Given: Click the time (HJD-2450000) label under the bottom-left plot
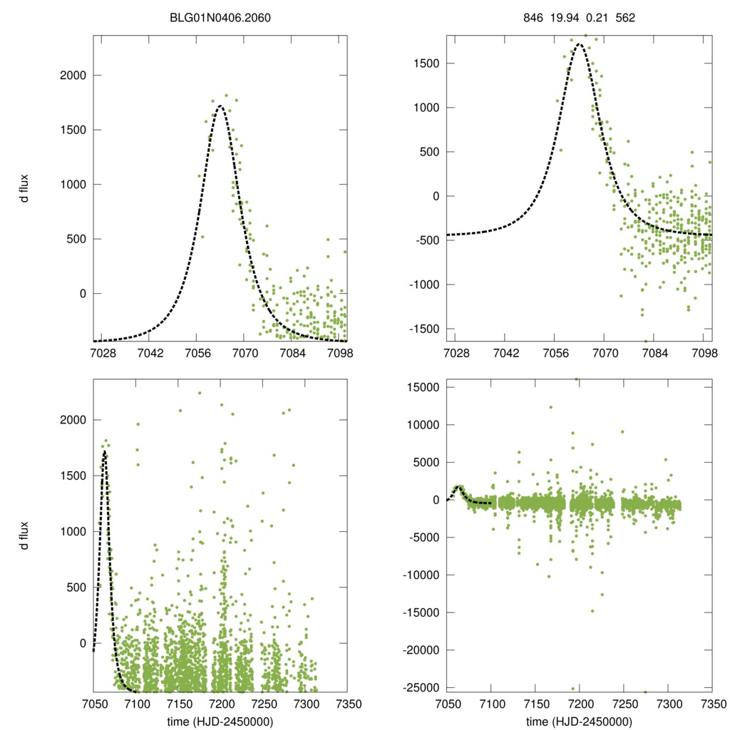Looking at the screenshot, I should coord(220,721).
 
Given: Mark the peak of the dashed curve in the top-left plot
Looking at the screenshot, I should coord(220,106).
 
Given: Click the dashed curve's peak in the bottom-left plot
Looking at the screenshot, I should coord(105,452).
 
